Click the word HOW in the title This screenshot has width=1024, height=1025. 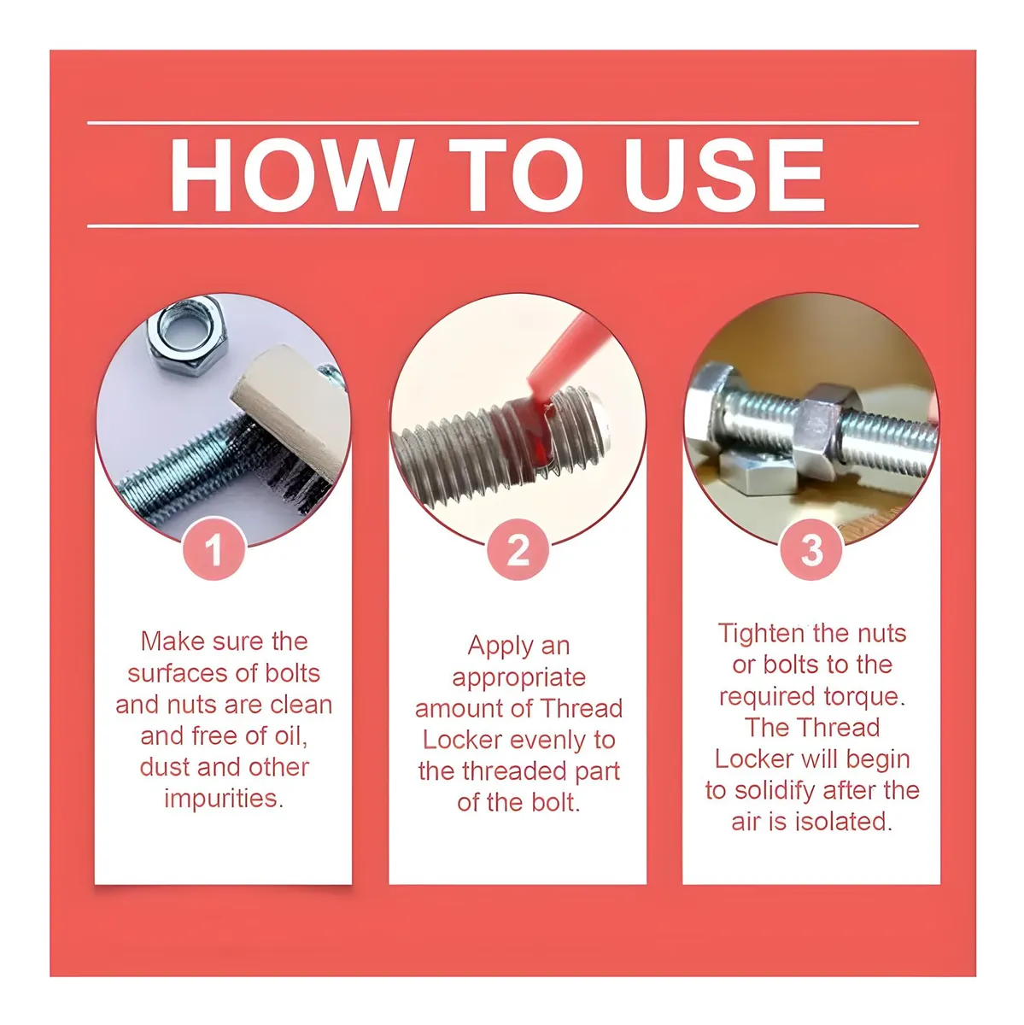pyautogui.click(x=291, y=175)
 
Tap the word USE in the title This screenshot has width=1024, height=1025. pyautogui.click(x=724, y=175)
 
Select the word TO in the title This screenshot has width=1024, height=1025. pyautogui.click(x=517, y=175)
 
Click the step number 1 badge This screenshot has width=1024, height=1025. pyautogui.click(x=214, y=549)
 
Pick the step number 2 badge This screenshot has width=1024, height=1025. pyautogui.click(x=518, y=549)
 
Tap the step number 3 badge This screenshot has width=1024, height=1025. pyautogui.click(x=811, y=549)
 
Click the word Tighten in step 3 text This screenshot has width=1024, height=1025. pyautogui.click(x=761, y=634)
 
